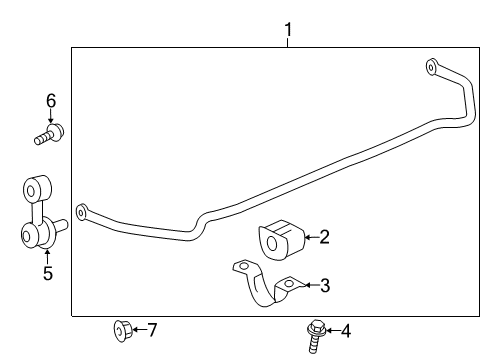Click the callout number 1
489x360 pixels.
point(288,31)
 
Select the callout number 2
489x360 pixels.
point(324,237)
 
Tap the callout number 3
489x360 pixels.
point(324,286)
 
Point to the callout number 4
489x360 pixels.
point(345,331)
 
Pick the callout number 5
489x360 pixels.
point(47,272)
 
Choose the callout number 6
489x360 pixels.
point(49,100)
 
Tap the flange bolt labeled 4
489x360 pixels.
point(313,332)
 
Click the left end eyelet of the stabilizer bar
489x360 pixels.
point(82,211)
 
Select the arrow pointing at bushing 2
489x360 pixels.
point(308,238)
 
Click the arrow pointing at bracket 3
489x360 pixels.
point(308,286)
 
